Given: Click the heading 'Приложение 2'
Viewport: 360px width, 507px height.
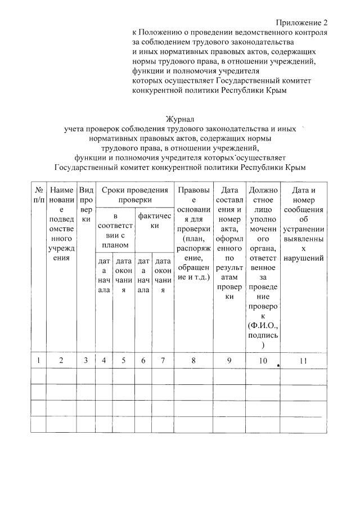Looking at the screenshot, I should click(x=301, y=23).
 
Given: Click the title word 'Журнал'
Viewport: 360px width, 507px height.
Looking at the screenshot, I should click(x=179, y=119).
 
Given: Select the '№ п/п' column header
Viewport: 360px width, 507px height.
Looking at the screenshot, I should click(x=38, y=195).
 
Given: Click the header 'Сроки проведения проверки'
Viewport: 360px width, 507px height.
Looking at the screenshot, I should click(x=135, y=195).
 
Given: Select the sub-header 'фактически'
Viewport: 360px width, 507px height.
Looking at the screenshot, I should click(x=154, y=221).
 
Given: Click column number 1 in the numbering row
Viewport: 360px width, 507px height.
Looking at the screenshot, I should click(x=38, y=360).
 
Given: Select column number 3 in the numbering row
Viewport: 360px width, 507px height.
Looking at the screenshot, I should click(x=86, y=360).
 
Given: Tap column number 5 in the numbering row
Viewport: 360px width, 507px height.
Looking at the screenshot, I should click(x=123, y=360).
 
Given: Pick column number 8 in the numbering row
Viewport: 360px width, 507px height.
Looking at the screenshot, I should click(x=193, y=360).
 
